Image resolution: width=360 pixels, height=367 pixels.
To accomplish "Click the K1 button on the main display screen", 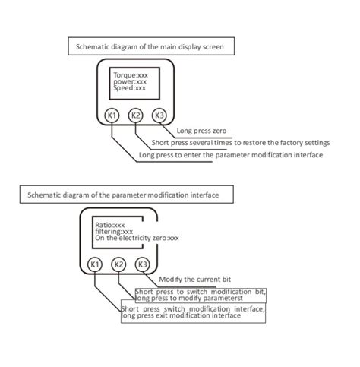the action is [112, 115].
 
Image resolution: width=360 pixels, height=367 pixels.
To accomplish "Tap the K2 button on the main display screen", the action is [135, 115].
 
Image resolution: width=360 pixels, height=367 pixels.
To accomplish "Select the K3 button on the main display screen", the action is [159, 115].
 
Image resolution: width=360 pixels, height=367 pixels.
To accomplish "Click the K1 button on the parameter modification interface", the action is [95, 264].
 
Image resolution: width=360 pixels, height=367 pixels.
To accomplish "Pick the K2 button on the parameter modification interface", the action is [118, 264].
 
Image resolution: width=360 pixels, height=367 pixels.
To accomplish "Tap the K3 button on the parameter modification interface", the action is [142, 264].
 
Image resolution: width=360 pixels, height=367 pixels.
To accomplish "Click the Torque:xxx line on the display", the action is [131, 75].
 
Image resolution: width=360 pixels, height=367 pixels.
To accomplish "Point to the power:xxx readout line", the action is [130, 82].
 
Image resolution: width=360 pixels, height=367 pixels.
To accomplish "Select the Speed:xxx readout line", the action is [129, 88].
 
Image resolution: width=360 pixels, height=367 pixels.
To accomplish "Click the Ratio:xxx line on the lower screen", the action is [110, 225].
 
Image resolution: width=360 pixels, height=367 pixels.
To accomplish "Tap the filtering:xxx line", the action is [114, 232].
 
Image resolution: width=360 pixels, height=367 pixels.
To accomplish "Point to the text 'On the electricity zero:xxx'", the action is [137, 238].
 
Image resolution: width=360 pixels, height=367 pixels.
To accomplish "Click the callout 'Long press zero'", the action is [201, 131].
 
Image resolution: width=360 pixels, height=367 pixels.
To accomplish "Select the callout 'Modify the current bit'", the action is [195, 280].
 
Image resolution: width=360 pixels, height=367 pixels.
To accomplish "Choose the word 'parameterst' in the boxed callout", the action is [223, 299].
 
